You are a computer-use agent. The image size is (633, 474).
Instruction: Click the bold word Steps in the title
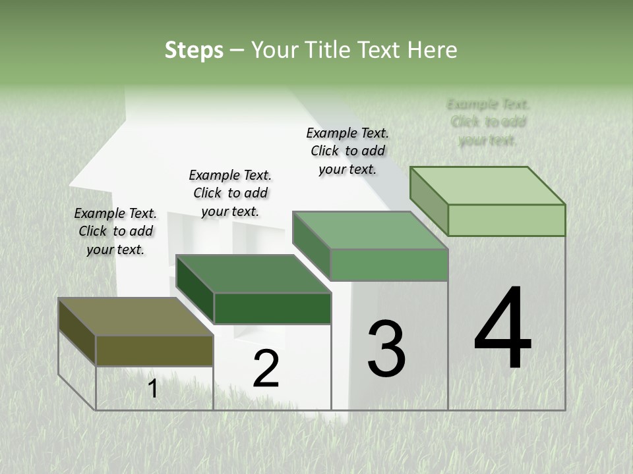194,50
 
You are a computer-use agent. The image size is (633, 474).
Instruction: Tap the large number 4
502,329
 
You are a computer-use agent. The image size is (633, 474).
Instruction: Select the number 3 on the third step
386,348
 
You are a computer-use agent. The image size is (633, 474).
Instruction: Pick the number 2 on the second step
266,369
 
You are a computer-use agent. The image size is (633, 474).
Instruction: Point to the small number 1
152,388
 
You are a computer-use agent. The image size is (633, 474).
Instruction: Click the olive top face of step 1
135,317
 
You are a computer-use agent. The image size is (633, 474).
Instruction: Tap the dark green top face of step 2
253,274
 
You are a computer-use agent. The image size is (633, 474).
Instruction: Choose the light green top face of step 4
488,186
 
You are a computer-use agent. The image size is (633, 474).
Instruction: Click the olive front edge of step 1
154,350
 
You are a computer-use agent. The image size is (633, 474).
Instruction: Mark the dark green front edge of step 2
272,308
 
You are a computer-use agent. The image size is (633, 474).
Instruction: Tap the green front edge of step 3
389,265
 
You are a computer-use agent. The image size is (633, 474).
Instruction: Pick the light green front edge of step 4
506,220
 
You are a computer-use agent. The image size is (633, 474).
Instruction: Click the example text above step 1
115,231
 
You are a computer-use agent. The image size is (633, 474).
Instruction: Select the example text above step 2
230,193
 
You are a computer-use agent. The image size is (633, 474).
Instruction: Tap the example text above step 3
347,151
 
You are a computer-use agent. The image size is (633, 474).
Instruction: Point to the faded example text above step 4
488,122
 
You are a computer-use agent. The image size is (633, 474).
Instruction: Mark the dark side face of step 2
195,290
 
